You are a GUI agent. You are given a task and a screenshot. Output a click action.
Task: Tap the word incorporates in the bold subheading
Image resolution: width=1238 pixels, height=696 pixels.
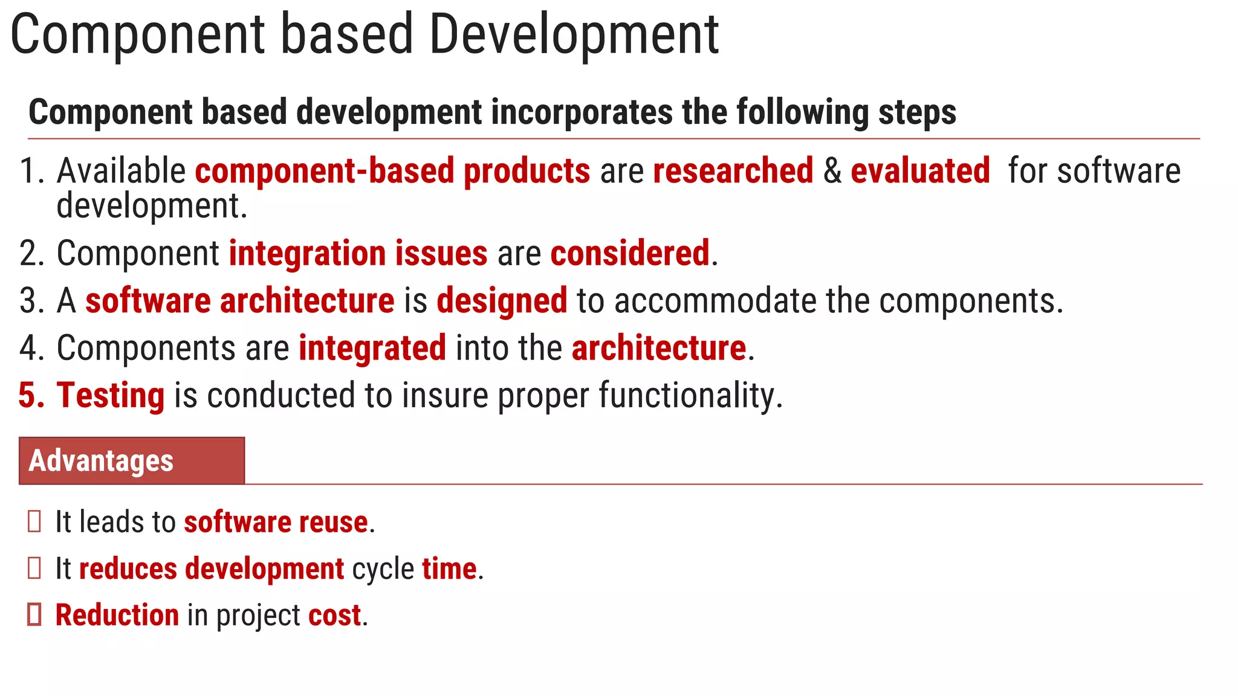(582, 113)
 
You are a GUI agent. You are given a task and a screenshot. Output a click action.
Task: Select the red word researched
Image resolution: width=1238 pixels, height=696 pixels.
(733, 171)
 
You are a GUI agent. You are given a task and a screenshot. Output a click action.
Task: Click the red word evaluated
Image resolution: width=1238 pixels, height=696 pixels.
(919, 171)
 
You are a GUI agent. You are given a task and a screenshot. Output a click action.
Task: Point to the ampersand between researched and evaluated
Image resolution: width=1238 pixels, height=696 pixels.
(832, 171)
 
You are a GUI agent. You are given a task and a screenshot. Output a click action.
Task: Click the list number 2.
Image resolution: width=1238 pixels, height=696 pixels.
(31, 254)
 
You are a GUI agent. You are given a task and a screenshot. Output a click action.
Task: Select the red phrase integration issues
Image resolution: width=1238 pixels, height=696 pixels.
(358, 253)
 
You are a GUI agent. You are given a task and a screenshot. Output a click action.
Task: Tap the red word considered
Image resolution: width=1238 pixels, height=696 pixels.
(629, 253)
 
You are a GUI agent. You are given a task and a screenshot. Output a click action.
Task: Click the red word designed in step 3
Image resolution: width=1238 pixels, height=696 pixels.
(502, 301)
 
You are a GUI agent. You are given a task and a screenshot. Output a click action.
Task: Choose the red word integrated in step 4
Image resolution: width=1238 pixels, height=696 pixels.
(372, 349)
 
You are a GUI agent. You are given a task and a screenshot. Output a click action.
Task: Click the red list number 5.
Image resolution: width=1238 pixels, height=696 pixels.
(31, 396)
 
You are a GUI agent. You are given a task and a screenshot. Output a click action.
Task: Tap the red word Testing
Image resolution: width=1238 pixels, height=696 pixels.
(110, 396)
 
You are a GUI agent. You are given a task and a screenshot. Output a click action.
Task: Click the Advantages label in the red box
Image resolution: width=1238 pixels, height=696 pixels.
(101, 461)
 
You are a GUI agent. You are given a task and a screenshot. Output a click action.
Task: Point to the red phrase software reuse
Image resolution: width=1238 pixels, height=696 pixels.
(276, 522)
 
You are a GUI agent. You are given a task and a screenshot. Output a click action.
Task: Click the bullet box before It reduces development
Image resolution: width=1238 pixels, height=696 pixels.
(34, 569)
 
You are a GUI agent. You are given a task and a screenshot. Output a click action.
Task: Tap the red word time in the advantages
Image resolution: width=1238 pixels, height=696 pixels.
(449, 569)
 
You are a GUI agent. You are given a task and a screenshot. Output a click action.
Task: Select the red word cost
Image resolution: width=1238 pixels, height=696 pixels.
(334, 616)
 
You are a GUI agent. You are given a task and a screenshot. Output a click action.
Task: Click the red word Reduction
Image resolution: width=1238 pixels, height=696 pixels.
(117, 616)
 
